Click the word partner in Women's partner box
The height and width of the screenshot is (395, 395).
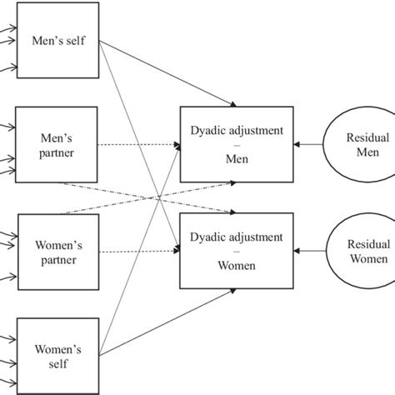tap(55, 260)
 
